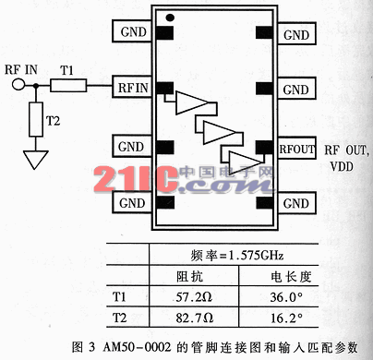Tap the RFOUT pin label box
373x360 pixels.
coord(295,146)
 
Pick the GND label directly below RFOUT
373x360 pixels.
coord(295,201)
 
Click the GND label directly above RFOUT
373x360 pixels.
coord(295,90)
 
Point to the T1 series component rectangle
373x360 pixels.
coord(67,87)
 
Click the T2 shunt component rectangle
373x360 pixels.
coord(37,118)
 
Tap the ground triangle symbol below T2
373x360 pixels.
coord(37,159)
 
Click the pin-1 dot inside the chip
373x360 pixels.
coord(169,17)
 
